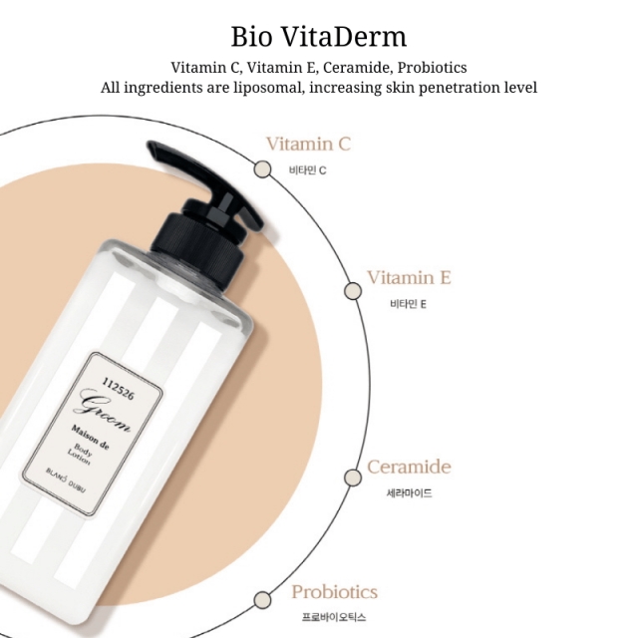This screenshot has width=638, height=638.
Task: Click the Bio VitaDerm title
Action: tap(319, 37)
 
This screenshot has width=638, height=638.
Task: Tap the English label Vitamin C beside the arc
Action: tap(308, 144)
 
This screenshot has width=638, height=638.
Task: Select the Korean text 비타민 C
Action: tap(308, 170)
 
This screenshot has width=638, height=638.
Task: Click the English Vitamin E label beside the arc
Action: tap(410, 277)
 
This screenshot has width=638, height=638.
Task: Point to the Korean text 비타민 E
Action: tap(408, 304)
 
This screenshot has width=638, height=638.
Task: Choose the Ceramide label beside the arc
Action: tap(409, 467)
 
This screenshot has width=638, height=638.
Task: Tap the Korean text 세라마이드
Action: tap(409, 493)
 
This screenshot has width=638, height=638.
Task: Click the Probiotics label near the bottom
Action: tap(335, 592)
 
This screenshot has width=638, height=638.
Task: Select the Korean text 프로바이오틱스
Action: tap(334, 617)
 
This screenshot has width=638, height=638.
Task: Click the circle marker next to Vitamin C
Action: tap(262, 169)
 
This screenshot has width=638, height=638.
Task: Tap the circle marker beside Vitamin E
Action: tap(353, 291)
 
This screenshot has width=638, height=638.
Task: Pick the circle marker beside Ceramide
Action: tap(353, 478)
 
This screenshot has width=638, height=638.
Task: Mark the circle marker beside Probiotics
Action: tap(262, 600)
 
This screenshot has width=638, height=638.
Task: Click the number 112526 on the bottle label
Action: tap(118, 389)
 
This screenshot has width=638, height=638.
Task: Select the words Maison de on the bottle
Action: tap(90, 438)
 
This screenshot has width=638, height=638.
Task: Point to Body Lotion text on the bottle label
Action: tap(80, 455)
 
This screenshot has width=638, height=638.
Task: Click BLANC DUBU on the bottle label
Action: tap(66, 480)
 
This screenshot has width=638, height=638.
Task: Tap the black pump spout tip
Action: tap(152, 146)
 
